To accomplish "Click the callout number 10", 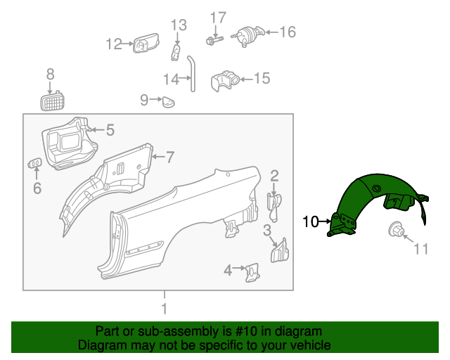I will tap(311, 223).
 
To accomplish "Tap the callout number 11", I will tap(420, 247).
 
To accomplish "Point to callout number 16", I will tap(288, 32).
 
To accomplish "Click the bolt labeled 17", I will tap(213, 40).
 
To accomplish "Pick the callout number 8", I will tap(50, 73).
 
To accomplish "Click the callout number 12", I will tap(114, 44).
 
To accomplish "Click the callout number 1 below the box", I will tap(164, 309).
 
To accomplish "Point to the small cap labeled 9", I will tap(168, 103).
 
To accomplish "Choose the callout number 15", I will tap(262, 78).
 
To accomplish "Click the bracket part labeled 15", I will tap(226, 80).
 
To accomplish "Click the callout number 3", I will tap(268, 231).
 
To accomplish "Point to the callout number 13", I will tap(179, 25).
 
